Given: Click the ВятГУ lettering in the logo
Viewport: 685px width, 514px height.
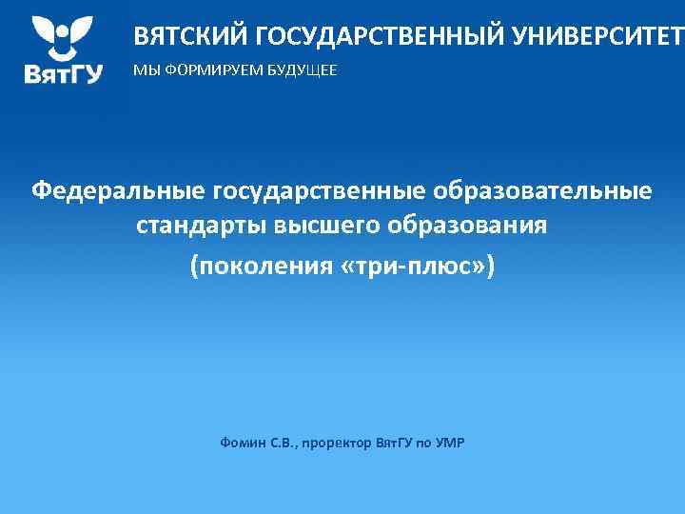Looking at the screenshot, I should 64,75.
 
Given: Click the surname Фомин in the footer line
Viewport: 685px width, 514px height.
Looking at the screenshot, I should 241,443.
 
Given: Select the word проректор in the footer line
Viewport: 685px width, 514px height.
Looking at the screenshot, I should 334,443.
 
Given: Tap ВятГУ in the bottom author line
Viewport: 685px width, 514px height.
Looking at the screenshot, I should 395,443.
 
